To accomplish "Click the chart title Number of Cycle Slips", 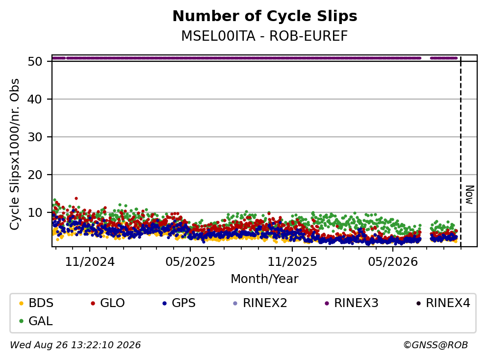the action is [265, 16].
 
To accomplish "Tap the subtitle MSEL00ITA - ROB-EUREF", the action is [264, 36].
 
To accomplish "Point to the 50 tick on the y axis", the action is [35, 61].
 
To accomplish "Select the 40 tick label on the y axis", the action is [35, 100].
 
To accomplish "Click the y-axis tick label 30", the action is [35, 137].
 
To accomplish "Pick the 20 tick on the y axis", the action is [35, 175].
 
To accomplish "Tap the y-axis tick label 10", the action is [35, 212].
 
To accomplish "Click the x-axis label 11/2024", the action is [90, 262].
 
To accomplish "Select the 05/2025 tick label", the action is [190, 262].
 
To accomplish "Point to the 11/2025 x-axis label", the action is [292, 262].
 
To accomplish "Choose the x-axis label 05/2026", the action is [393, 262].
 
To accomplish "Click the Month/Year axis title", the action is [264, 279].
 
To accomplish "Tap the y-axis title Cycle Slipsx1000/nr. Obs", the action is [15, 154].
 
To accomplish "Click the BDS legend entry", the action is [36, 303].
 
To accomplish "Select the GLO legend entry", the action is [107, 303].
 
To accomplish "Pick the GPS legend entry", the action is [179, 303].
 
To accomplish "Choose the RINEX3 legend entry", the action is [351, 303].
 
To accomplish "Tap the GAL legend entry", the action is [36, 321].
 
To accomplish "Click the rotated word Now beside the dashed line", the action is [470, 195].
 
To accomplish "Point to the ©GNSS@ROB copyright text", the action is [436, 345].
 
